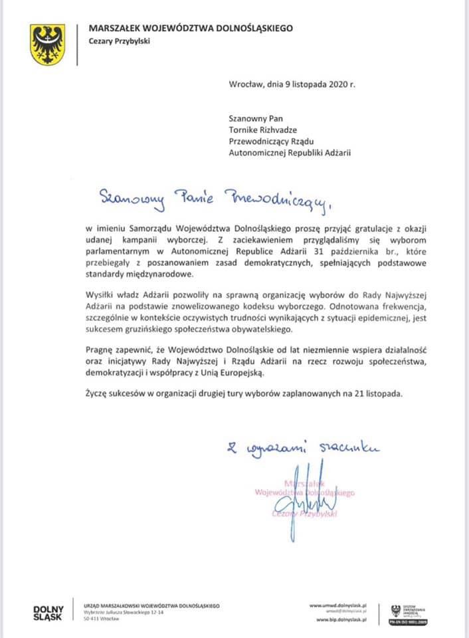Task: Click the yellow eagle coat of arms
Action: (47, 44)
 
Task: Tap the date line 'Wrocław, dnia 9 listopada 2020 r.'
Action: (292, 84)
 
